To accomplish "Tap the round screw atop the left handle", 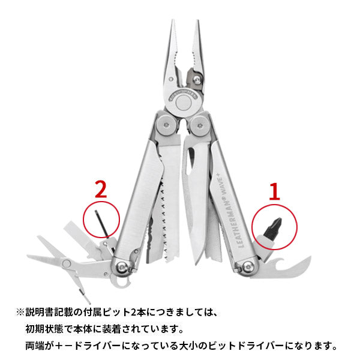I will coord(164,126).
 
